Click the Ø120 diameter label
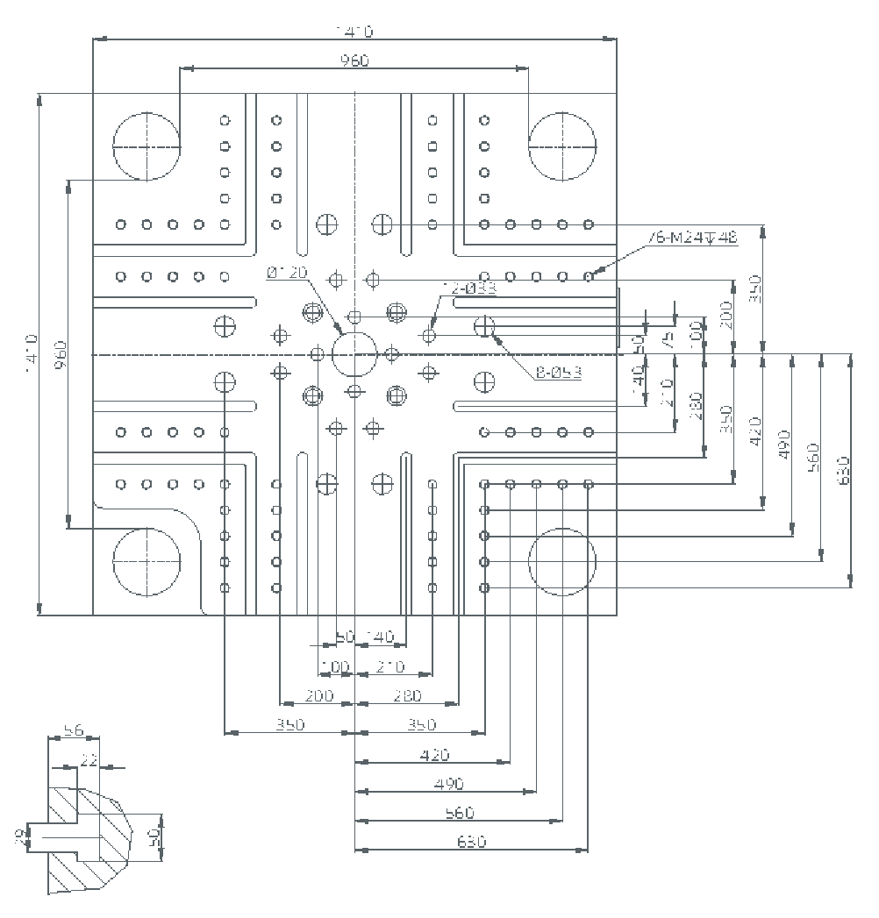click(x=288, y=273)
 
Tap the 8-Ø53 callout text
click(x=558, y=373)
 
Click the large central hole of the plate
click(x=354, y=354)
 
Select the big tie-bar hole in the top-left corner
click(x=146, y=146)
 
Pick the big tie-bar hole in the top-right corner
click(x=562, y=146)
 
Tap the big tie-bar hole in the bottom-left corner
click(x=146, y=562)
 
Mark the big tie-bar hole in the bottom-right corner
click(x=562, y=562)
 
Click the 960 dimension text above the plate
click(x=354, y=60)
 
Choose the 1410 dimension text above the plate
click(x=354, y=32)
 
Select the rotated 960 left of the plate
click(x=61, y=354)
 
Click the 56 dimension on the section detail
click(x=74, y=730)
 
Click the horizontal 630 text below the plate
click(x=471, y=842)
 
